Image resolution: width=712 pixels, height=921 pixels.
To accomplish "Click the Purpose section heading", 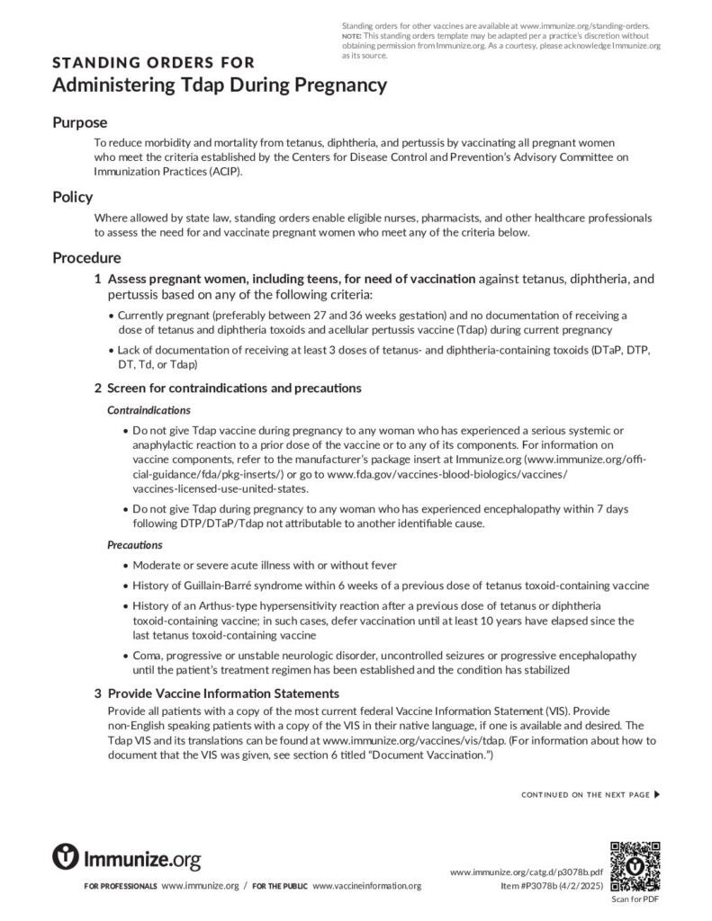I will click(79, 122).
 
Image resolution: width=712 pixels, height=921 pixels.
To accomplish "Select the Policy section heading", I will click(72, 197).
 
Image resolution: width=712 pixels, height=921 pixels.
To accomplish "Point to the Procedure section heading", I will click(86, 258).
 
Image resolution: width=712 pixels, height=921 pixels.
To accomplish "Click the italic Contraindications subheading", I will click(149, 410).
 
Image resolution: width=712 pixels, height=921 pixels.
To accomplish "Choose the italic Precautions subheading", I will click(135, 545).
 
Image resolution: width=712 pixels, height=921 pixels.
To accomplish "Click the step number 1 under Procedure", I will click(98, 280).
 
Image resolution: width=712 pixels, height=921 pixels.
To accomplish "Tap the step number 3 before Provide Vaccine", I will click(98, 693).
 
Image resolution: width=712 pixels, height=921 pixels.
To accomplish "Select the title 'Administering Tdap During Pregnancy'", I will click(220, 85).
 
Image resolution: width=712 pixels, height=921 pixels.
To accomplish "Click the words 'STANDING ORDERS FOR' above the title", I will click(153, 63).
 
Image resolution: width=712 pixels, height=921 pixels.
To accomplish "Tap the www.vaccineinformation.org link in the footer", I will click(366, 886).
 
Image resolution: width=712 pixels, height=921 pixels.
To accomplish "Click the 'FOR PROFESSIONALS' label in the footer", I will click(120, 887).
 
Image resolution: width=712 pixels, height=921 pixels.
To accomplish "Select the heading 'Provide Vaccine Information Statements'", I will click(223, 693).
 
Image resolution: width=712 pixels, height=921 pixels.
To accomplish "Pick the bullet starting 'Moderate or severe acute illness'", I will click(265, 565).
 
